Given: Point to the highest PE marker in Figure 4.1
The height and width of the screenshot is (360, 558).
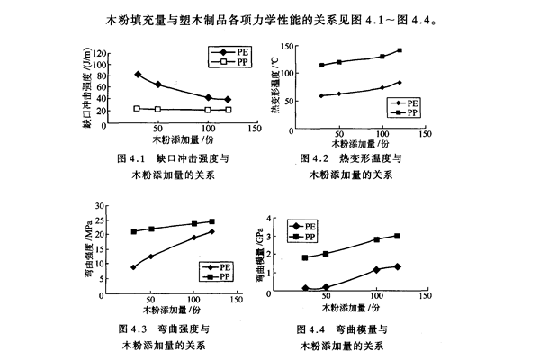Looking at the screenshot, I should (138, 75).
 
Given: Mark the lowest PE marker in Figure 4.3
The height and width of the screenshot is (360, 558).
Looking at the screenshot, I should (133, 267).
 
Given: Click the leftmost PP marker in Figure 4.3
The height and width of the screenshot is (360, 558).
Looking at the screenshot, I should (133, 231).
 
